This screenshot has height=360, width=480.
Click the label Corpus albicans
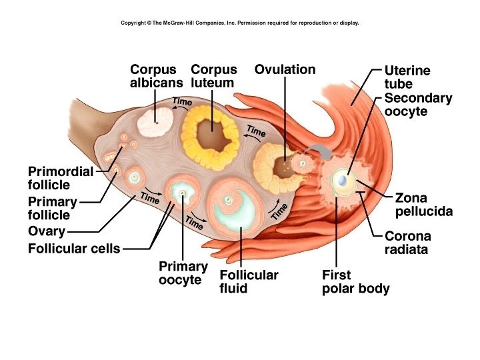pos(156,76)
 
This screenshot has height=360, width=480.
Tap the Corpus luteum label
pos(213,76)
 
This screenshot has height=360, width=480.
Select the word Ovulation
pos(285,69)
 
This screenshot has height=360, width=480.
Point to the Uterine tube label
pos(407,77)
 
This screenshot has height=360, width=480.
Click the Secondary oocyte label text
pos(418,105)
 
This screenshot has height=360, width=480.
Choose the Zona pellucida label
pos(423,205)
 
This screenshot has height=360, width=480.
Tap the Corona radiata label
pos(407,243)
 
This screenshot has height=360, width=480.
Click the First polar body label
pos(355,281)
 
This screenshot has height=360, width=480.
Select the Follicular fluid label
pos(249,281)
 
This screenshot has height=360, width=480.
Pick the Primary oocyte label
pos(183,273)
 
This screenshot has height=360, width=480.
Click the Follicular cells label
pos(74,249)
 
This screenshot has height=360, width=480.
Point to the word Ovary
pos(47,231)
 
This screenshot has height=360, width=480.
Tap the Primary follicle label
pos(53,208)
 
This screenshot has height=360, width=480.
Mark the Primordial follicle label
pos(60,177)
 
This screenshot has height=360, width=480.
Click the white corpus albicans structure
pos(156,122)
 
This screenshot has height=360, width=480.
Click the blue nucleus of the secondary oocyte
pos(342,180)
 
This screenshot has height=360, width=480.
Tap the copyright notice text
pos(240,23)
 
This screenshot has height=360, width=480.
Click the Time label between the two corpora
pos(182,102)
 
